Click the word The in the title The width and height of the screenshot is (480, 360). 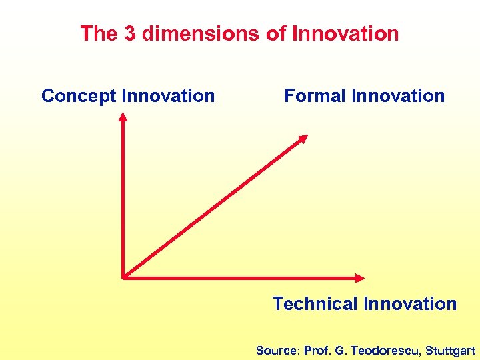click(97, 33)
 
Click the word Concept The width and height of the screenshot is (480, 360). click(79, 96)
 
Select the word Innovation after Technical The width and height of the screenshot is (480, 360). click(411, 304)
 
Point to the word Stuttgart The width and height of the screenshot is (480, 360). click(451, 350)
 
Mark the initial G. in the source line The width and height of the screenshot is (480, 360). click(341, 350)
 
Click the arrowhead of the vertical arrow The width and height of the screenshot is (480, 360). click(123, 117)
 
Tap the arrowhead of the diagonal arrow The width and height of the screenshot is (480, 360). click(303, 138)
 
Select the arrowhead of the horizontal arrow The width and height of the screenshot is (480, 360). click(360, 277)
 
